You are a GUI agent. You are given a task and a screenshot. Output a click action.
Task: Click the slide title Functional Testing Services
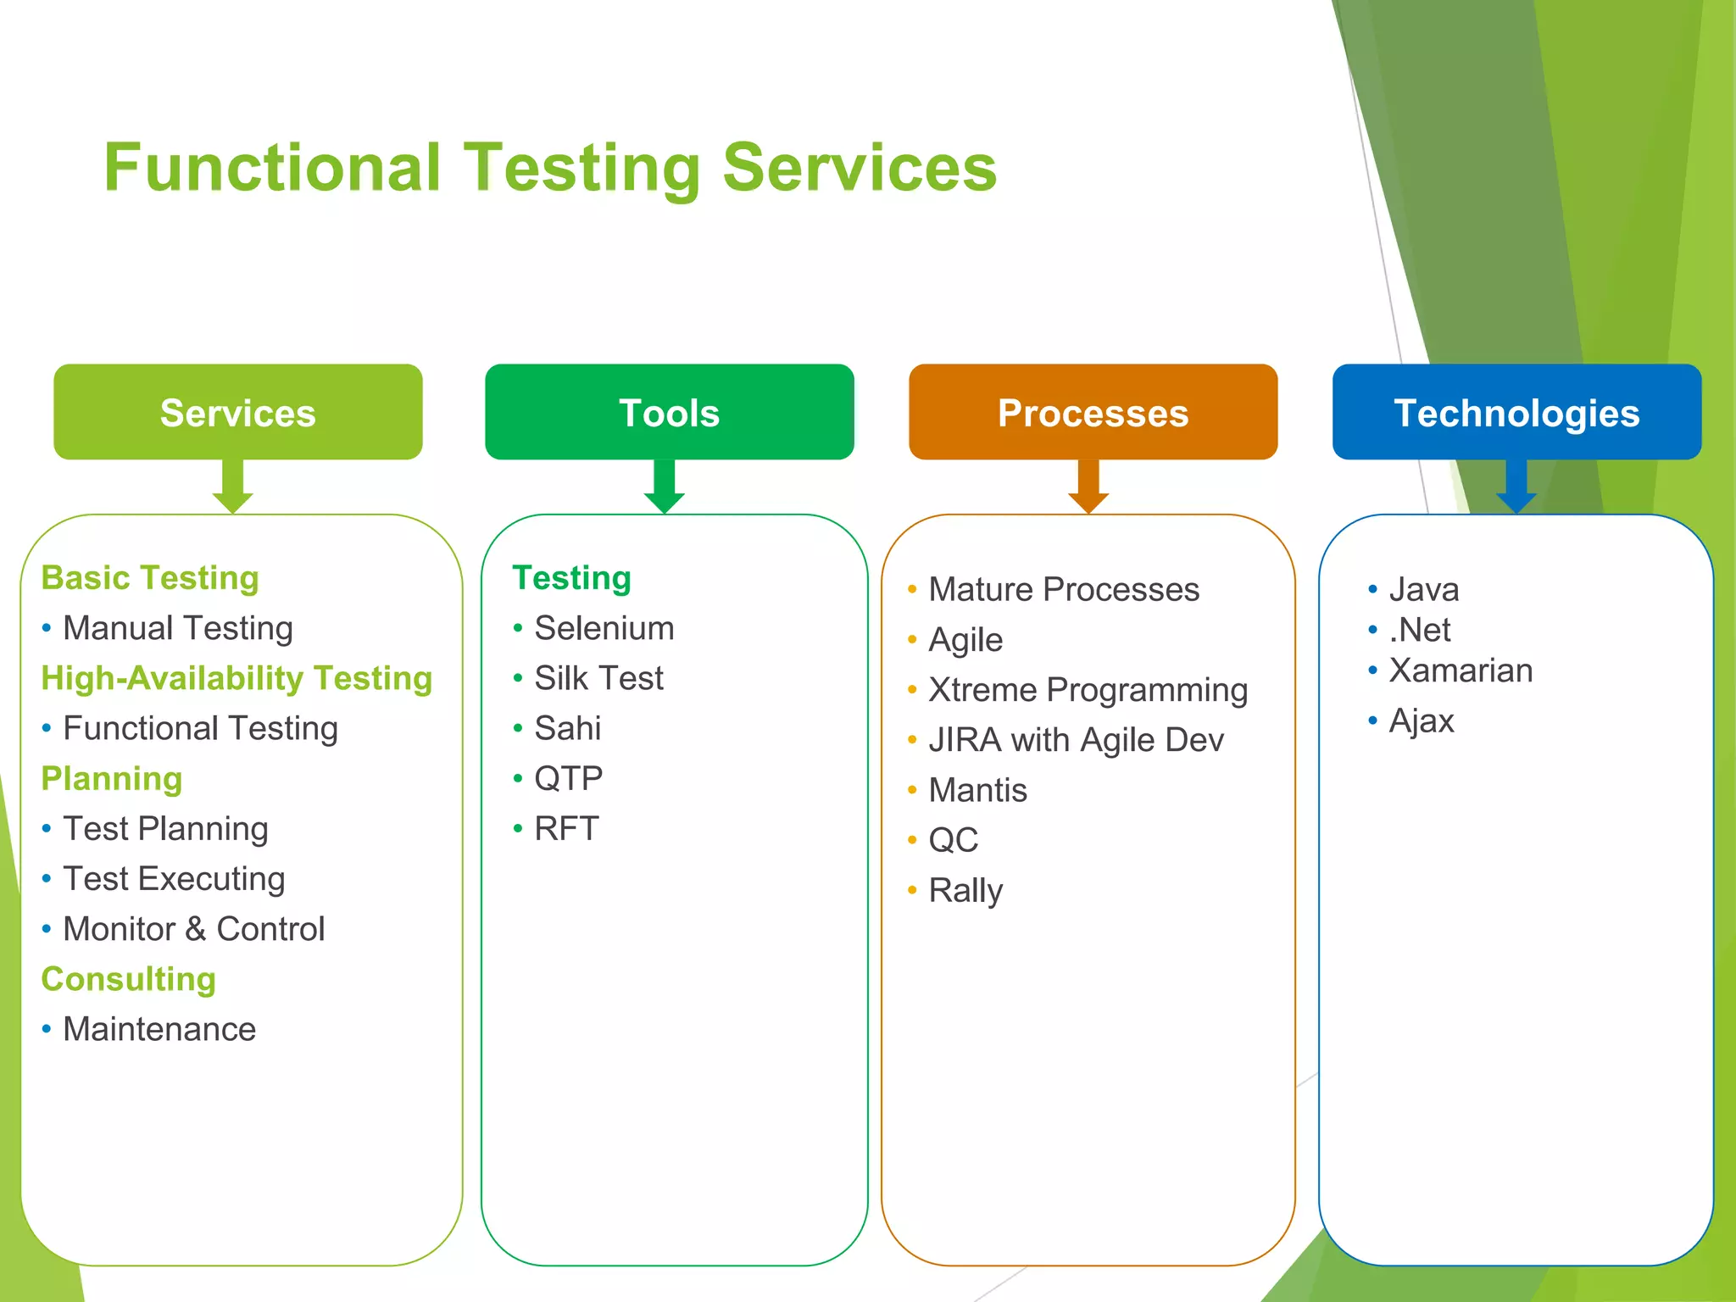[550, 168]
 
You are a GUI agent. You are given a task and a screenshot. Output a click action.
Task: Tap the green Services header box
[238, 413]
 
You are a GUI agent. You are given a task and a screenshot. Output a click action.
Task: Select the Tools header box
[669, 413]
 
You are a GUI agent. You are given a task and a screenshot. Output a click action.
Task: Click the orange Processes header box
[1093, 413]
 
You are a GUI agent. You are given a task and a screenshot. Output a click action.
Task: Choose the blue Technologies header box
[1516, 413]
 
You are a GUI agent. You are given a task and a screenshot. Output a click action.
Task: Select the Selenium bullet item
[604, 628]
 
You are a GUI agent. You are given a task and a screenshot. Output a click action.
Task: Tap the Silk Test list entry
[598, 678]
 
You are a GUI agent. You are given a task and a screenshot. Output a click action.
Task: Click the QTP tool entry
[568, 778]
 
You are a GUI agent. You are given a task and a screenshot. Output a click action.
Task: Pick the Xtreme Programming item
[1088, 690]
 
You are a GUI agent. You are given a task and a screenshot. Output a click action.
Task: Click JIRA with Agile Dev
[1076, 740]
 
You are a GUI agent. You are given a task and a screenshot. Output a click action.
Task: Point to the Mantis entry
[977, 790]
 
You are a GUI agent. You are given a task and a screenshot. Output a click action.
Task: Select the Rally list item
[965, 890]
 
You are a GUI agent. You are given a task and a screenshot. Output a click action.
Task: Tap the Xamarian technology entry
[1461, 670]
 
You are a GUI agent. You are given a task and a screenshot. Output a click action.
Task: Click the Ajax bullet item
[1422, 721]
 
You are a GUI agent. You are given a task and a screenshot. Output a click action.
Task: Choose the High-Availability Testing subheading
[236, 678]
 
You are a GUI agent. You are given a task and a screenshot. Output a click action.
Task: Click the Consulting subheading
[129, 979]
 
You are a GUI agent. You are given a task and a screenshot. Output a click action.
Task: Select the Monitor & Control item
[193, 929]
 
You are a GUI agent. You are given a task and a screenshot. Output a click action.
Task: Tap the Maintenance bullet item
[159, 1029]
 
